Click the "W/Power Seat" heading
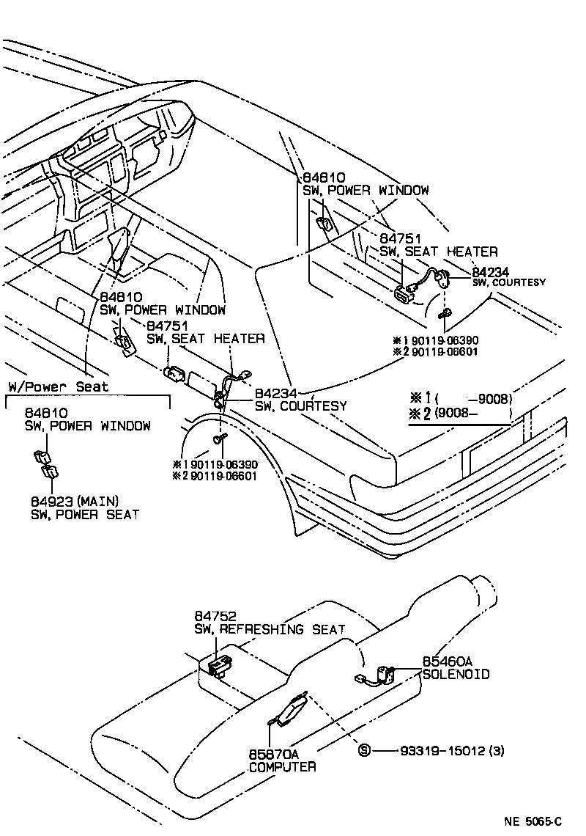[x=58, y=386]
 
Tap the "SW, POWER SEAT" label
[x=84, y=514]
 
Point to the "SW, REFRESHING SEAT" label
[x=269, y=629]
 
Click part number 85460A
[x=448, y=661]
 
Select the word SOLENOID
[x=456, y=673]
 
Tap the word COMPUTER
[x=282, y=766]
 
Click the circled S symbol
[x=364, y=750]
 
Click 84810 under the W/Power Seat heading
[x=48, y=413]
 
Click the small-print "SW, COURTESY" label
[x=508, y=282]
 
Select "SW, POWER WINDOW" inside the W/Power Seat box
[x=88, y=426]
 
